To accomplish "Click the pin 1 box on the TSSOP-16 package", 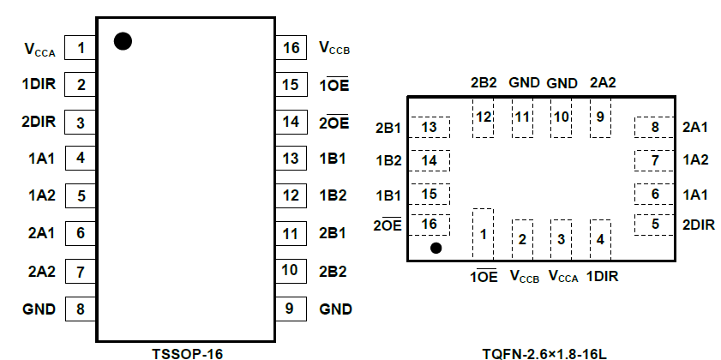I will [x=81, y=48].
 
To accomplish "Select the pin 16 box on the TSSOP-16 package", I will [x=291, y=48].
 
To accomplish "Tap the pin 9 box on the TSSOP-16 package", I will [x=291, y=309].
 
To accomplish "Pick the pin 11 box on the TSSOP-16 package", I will [x=291, y=232].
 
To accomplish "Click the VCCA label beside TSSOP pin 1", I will [x=39, y=49].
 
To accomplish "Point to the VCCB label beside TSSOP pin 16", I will [x=334, y=49].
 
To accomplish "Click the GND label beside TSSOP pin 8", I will [x=39, y=309].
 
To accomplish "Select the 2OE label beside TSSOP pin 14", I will [x=333, y=122].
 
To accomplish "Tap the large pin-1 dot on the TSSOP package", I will [x=123, y=41].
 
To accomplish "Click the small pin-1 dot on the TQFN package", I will [x=436, y=249].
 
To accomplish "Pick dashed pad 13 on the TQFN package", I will [x=430, y=128].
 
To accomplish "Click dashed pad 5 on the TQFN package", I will [x=655, y=225].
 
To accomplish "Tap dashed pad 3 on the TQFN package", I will [x=561, y=238].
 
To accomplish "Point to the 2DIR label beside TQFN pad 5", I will [x=699, y=225].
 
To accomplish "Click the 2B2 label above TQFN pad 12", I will [x=484, y=83].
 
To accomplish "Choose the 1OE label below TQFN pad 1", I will [x=484, y=276].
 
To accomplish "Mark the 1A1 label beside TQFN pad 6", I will [x=695, y=194].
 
